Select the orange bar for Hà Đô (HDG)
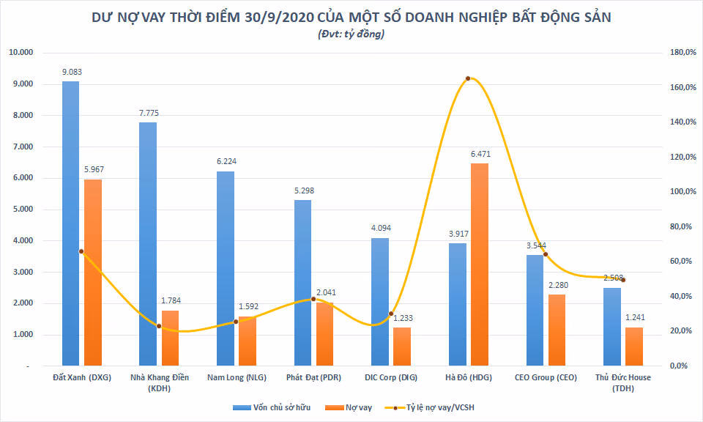click(x=479, y=264)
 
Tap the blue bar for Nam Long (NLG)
click(x=226, y=268)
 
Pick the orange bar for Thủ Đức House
click(x=634, y=346)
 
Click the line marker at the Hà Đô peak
click(x=468, y=78)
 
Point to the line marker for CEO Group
click(x=546, y=254)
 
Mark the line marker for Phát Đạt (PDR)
click(x=313, y=299)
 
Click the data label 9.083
click(x=71, y=72)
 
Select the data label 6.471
click(x=480, y=154)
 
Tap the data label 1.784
click(x=171, y=301)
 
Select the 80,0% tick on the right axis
click(x=678, y=226)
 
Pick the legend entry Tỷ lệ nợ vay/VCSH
click(x=439, y=407)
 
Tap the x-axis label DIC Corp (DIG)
click(x=390, y=378)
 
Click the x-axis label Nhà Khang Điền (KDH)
click(x=160, y=382)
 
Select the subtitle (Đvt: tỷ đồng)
click(x=351, y=34)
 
